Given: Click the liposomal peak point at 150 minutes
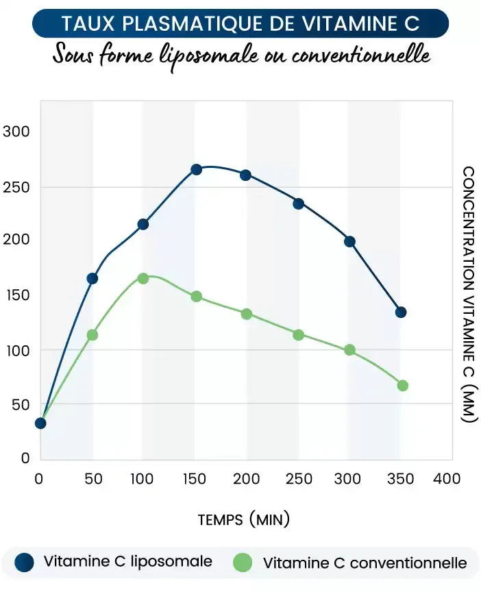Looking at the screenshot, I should tap(196, 169).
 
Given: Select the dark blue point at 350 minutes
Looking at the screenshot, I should tap(401, 312).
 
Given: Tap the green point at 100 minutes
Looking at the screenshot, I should tap(143, 278).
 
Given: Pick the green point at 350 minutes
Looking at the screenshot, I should tap(402, 386).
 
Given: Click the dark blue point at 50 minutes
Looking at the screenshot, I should tap(92, 278).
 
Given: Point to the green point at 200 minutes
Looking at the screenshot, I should tap(247, 314).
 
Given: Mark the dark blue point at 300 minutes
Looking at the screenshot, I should tap(349, 241).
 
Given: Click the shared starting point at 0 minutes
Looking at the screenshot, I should tap(40, 423).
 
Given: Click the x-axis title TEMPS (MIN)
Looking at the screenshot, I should tap(243, 519).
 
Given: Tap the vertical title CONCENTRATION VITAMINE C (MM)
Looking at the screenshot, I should tap(469, 294).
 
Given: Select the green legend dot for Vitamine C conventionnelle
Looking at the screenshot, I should tap(243, 563).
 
